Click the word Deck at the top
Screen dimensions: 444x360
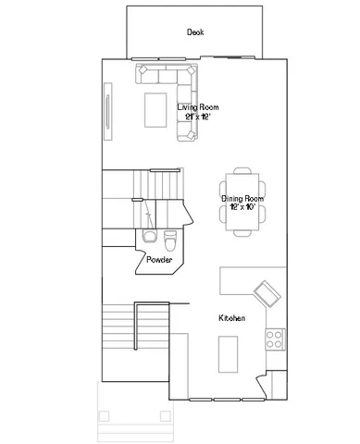point(194,32)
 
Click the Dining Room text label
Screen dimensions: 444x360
point(242,198)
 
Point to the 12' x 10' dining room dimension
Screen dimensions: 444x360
point(242,207)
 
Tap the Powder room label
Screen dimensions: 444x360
point(159,260)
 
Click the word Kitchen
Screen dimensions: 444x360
point(231,318)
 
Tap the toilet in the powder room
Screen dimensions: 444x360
point(169,240)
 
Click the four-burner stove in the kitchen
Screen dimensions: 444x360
point(274,339)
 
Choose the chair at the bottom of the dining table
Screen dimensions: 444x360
point(242,232)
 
